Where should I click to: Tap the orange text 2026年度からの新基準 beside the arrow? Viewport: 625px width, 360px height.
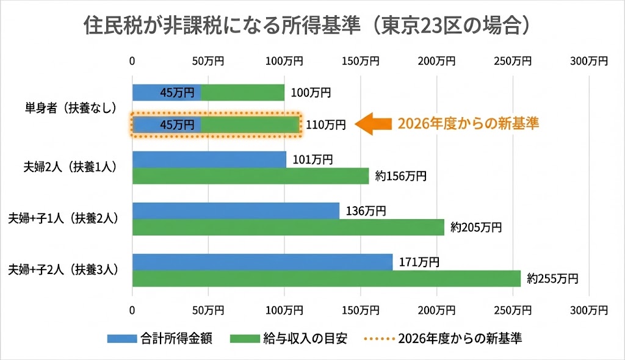click(x=468, y=123)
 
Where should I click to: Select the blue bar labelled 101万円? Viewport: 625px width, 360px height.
click(x=209, y=159)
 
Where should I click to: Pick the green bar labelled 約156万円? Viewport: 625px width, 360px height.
click(x=250, y=176)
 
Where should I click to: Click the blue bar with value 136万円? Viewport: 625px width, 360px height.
click(x=236, y=211)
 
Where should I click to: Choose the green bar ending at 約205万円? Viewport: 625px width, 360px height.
click(x=288, y=227)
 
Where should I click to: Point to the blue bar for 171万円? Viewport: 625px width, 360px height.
click(x=262, y=262)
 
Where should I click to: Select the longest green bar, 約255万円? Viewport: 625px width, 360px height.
click(x=327, y=278)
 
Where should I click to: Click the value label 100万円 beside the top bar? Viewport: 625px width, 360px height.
click(x=311, y=93)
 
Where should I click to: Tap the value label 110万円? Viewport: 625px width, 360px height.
click(x=325, y=124)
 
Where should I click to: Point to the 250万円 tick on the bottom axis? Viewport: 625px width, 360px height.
click(x=513, y=310)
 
